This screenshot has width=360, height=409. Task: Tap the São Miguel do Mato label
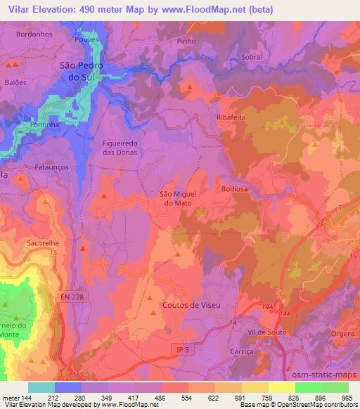177,198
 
